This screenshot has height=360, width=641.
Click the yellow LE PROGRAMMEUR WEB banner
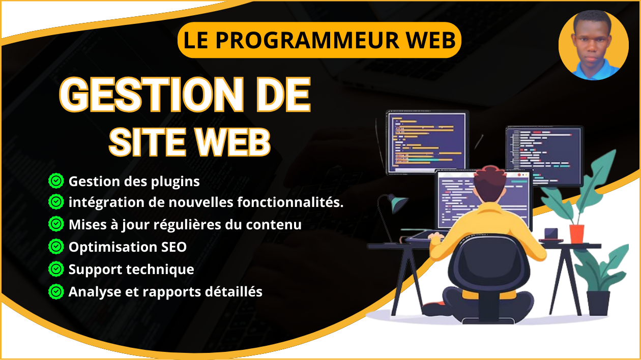(x=319, y=40)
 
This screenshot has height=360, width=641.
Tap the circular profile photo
(x=594, y=45)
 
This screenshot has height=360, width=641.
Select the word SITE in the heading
(x=147, y=142)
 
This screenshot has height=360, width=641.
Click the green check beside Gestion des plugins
(x=56, y=181)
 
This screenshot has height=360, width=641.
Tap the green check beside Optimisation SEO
(x=56, y=247)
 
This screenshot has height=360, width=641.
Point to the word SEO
(x=174, y=247)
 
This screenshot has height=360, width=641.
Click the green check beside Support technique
(x=56, y=269)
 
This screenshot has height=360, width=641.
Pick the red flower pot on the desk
(x=576, y=233)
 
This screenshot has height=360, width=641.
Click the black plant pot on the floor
(x=598, y=303)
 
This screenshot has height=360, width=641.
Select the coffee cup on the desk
(x=551, y=234)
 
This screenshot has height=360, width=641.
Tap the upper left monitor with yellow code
(x=427, y=142)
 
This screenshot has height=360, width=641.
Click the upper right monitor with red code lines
(x=545, y=156)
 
